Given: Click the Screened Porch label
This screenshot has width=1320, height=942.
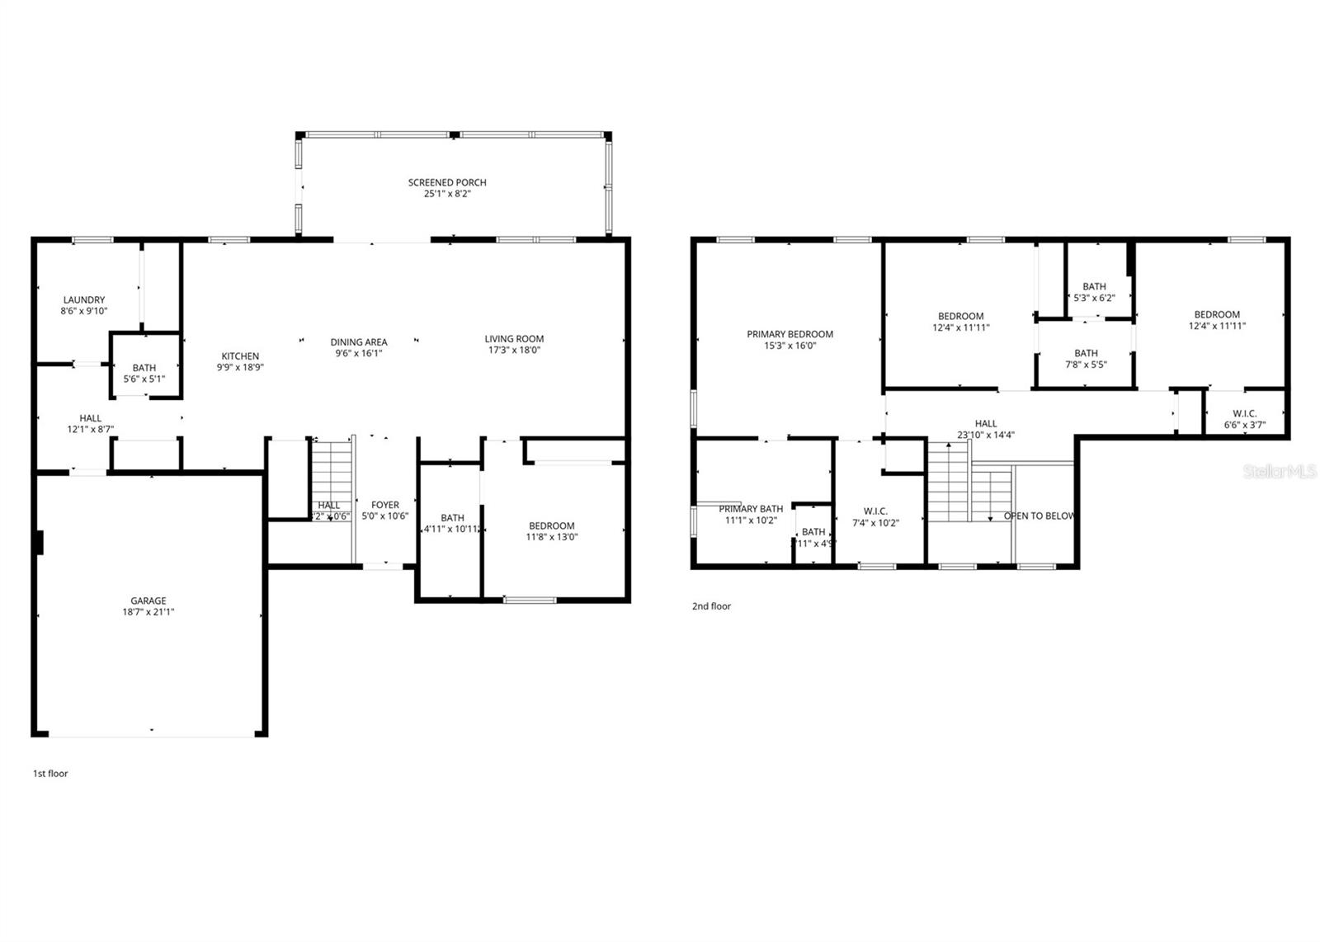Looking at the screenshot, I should click(x=447, y=182).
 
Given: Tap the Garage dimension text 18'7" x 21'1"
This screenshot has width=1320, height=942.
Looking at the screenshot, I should click(x=148, y=612).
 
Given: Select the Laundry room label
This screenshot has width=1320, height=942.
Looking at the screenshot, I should click(x=83, y=300).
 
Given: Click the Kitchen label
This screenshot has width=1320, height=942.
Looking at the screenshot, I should click(x=240, y=356).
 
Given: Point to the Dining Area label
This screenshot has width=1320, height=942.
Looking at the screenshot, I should click(x=359, y=342).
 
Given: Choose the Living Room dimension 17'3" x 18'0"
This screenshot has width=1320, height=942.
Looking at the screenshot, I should click(x=514, y=350).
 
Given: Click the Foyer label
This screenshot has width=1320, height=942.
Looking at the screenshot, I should click(x=385, y=505).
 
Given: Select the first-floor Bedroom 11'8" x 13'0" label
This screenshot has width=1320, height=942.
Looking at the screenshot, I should click(x=552, y=526).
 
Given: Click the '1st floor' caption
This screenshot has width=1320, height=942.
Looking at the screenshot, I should click(x=50, y=774).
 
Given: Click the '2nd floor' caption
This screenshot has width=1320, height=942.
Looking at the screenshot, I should click(x=711, y=606).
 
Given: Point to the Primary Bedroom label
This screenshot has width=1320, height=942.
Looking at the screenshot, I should click(x=790, y=334).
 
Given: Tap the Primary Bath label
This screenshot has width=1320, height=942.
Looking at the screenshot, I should click(x=751, y=509).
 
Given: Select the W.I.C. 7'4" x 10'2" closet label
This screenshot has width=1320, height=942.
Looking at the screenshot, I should click(x=875, y=511).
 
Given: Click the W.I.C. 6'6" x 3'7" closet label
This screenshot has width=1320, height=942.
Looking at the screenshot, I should click(x=1245, y=414).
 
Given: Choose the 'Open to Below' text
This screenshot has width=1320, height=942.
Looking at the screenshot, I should click(x=1039, y=516).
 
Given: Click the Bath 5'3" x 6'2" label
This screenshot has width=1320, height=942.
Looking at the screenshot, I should click(x=1095, y=287).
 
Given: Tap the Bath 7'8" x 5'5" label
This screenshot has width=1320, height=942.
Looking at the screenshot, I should click(x=1086, y=353).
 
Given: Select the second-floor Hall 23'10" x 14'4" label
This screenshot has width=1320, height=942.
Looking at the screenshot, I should click(x=986, y=424).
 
